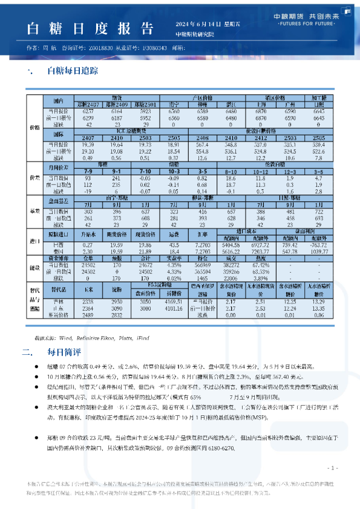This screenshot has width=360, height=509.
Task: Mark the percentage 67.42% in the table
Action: [260, 265]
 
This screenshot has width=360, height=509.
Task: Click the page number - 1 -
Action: [332, 468]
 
